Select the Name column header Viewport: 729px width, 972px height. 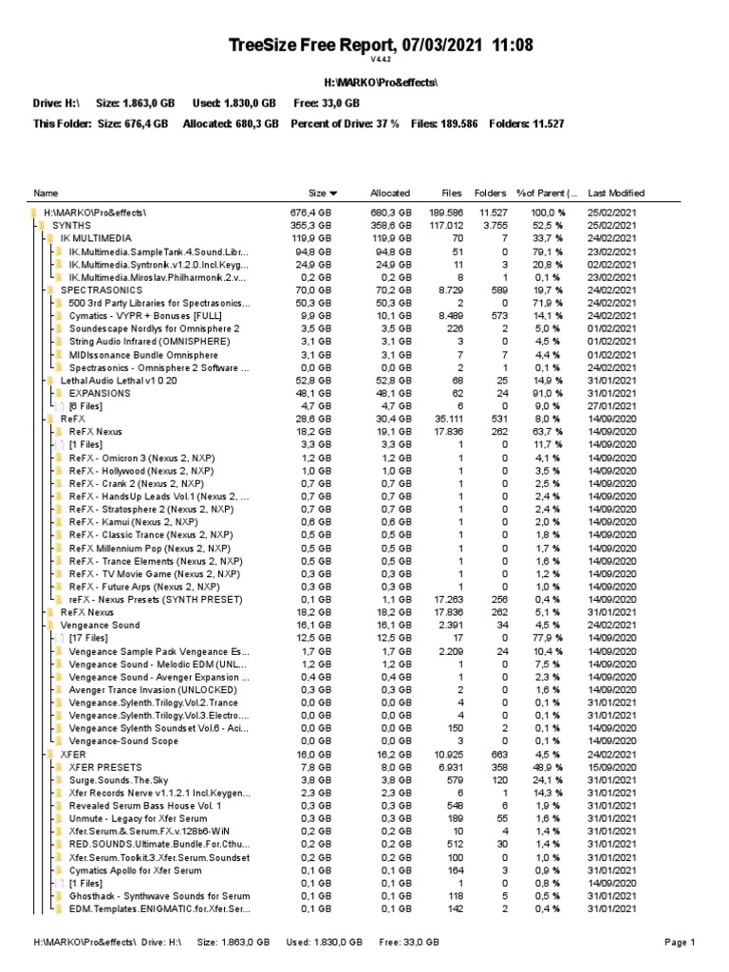(46, 193)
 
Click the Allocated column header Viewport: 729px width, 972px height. (390, 193)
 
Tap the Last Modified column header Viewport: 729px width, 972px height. (616, 193)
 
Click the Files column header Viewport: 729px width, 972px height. (452, 193)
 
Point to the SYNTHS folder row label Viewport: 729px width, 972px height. (72, 225)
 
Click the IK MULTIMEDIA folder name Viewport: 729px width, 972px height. (96, 238)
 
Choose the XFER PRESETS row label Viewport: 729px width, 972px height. (105, 767)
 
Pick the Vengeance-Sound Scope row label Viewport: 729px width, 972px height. (123, 741)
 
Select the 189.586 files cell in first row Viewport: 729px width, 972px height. (445, 213)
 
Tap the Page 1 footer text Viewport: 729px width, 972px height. (681, 943)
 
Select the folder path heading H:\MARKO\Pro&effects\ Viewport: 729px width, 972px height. (364, 84)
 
